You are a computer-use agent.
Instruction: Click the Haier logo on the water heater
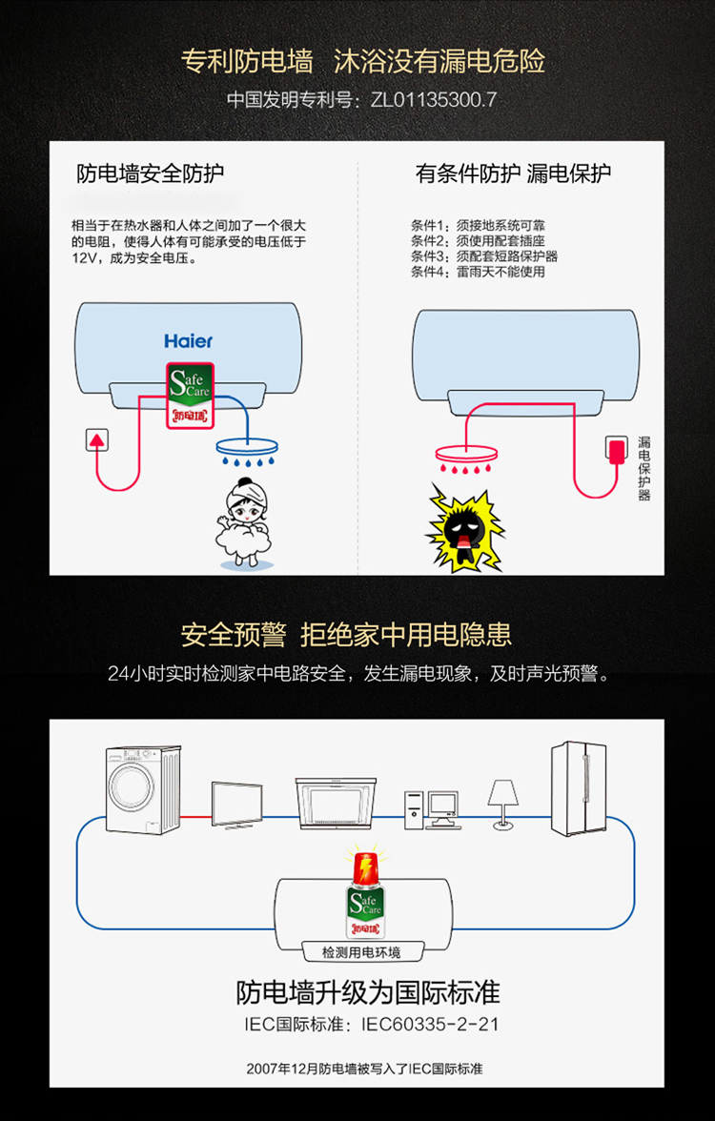tap(188, 340)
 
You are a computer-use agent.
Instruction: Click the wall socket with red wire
tap(97, 439)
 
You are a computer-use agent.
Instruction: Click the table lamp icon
tap(502, 804)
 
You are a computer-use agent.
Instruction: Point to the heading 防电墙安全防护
tap(151, 173)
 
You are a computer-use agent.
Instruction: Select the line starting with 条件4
tap(478, 272)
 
